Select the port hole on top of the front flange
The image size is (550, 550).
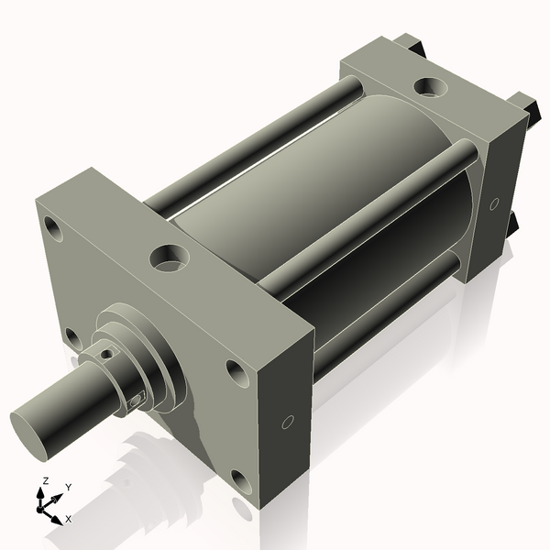[x=168, y=258]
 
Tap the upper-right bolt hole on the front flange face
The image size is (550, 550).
[x=236, y=372]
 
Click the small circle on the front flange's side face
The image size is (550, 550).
[x=288, y=423]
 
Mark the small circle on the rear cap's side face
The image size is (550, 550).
[x=494, y=203]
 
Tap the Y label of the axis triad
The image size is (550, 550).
[x=68, y=488]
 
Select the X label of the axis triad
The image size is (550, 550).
[x=69, y=519]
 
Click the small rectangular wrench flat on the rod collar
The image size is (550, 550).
[x=138, y=399]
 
